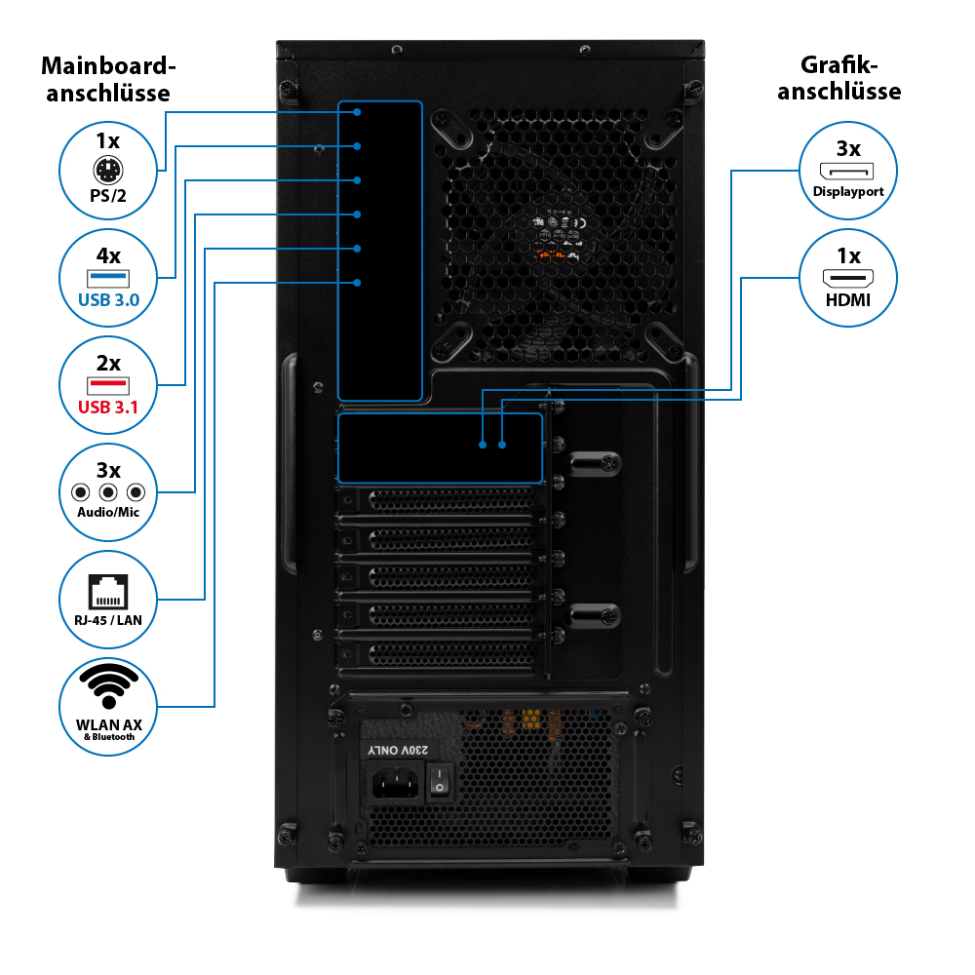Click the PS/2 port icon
click(108, 172)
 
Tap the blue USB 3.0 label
click(108, 298)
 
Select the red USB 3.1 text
click(108, 407)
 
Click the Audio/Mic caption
click(108, 512)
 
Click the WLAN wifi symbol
click(108, 686)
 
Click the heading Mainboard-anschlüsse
click(108, 80)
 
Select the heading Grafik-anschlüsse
click(847, 79)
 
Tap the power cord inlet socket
click(397, 782)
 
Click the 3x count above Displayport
click(848, 149)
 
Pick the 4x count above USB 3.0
click(108, 256)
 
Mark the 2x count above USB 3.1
click(108, 364)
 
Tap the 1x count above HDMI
click(848, 256)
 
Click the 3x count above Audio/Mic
click(108, 470)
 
